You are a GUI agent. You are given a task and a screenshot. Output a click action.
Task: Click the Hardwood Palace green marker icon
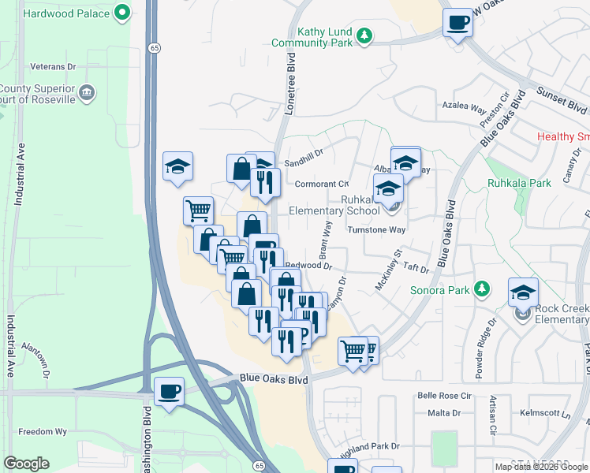[121, 13]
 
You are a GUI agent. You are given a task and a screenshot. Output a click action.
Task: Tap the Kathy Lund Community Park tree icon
[364, 34]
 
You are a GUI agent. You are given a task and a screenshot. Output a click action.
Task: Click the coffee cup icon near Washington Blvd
[169, 391]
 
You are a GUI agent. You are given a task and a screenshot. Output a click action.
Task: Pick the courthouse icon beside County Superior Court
[88, 93]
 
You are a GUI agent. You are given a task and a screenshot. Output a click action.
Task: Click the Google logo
[26, 464]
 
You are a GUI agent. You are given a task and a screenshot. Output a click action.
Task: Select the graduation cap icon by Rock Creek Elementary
[523, 293]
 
